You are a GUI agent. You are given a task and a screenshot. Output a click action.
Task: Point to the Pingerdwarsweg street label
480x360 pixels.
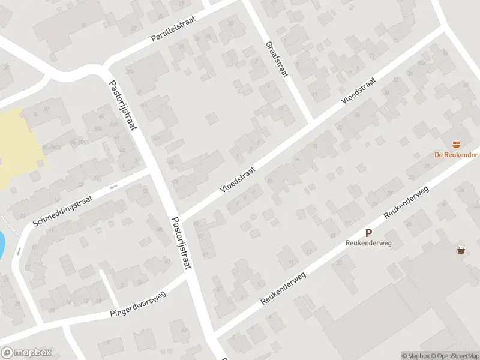[137, 305]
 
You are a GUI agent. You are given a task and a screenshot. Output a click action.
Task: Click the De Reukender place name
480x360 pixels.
[456, 154]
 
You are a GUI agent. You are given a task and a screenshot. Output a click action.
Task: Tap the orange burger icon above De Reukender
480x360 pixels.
[457, 144]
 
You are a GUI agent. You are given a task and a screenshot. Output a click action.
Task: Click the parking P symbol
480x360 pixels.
[369, 233]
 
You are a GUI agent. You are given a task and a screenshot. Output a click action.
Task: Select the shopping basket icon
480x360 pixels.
[461, 250]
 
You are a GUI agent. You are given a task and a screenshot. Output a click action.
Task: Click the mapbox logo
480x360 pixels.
[26, 352]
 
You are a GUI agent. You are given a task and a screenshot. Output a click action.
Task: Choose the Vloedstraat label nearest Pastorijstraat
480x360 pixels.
[238, 179]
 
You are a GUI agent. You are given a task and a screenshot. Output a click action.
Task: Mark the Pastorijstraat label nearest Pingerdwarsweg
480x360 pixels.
[182, 243]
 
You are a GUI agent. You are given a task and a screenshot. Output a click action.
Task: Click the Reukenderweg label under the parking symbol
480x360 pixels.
[368, 243]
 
